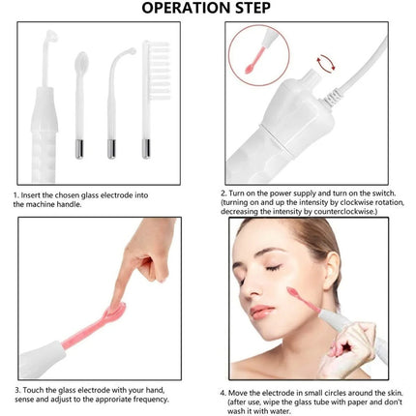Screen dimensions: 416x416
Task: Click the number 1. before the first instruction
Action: pos(16,194)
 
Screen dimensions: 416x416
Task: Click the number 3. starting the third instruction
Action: pos(16,390)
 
